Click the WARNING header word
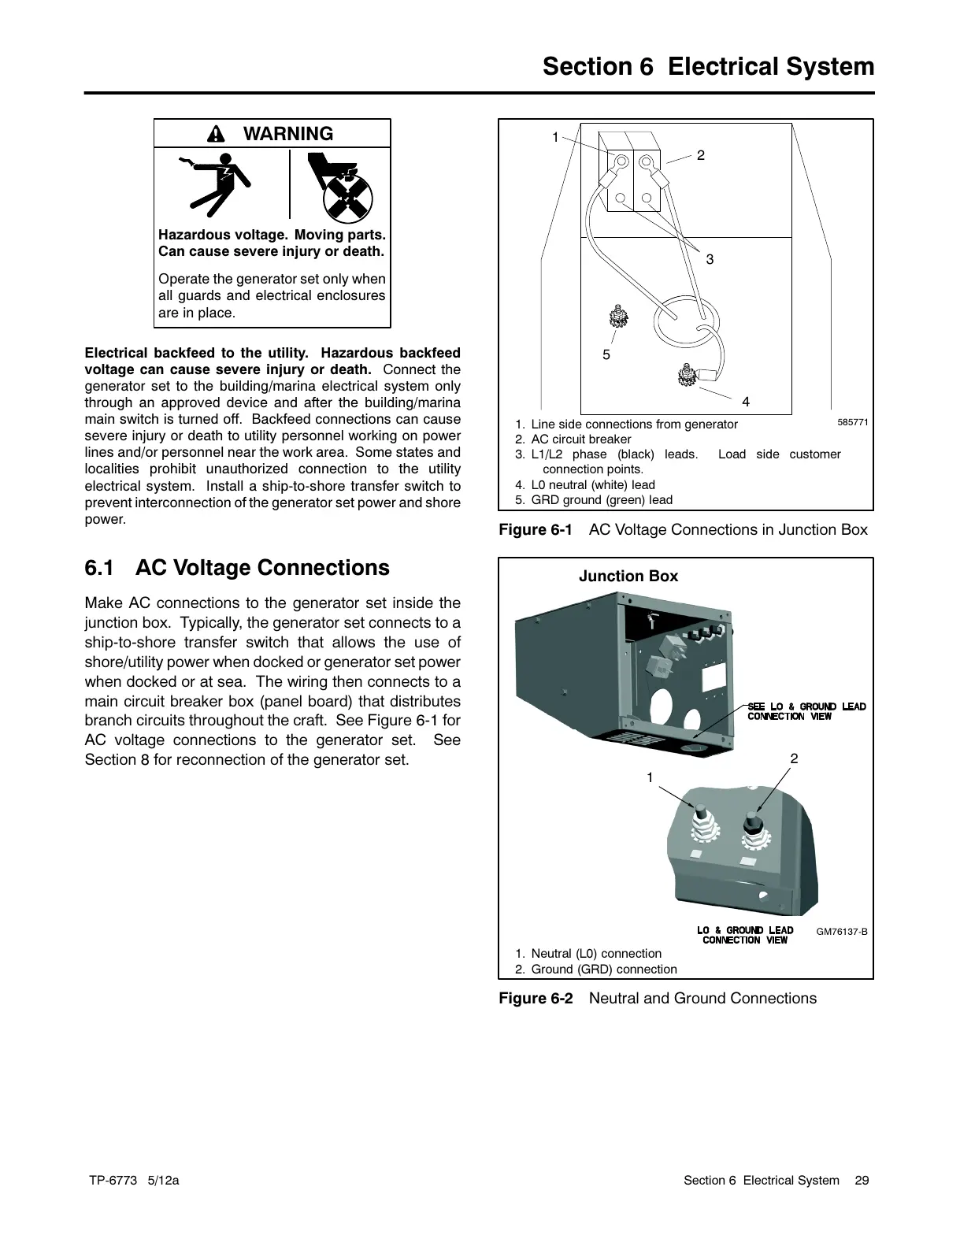pos(288,134)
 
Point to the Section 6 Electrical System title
pos(708,67)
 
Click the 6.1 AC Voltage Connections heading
pos(237,568)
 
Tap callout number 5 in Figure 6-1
pos(606,355)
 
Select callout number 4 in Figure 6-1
pos(746,402)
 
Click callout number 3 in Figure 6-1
pos(710,259)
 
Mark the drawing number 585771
pos(852,422)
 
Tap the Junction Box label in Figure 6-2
pos(628,577)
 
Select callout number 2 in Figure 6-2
pos(794,758)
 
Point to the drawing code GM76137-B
pos(841,932)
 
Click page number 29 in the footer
pos(862,1180)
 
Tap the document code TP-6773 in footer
pos(113,1180)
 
